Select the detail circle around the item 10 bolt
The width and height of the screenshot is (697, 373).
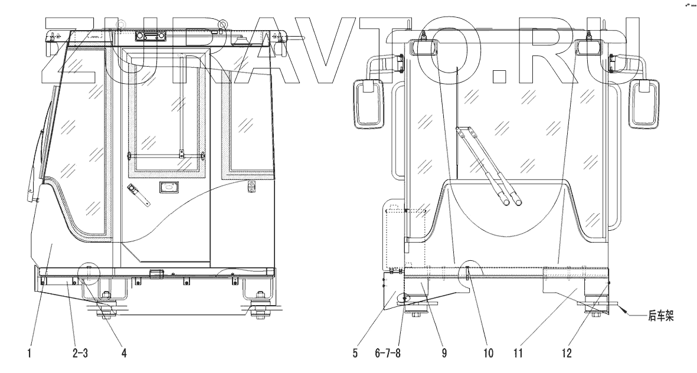470,271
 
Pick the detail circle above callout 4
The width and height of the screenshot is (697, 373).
89,273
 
